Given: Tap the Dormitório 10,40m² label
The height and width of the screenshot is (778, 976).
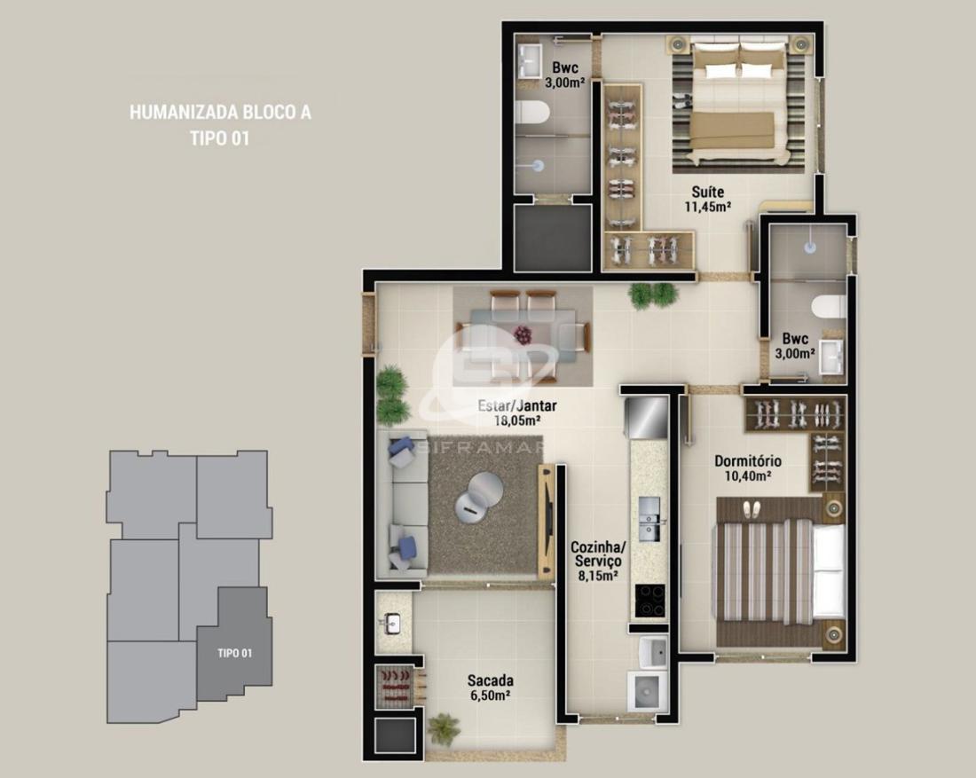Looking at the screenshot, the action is click(x=748, y=468).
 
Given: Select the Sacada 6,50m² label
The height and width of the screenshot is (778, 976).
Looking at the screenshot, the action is click(x=491, y=688).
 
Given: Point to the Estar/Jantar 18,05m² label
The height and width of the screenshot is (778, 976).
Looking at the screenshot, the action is click(x=516, y=413).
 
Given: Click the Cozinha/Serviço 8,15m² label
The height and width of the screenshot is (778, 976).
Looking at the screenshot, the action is click(x=598, y=562).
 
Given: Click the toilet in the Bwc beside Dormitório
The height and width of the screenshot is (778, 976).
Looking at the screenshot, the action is click(x=829, y=306).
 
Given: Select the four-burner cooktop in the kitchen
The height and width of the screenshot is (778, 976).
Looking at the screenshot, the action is click(x=649, y=601).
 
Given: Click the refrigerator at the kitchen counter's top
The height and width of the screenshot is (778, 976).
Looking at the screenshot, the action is click(x=647, y=417).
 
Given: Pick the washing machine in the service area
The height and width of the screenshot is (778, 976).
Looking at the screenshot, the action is click(x=648, y=691).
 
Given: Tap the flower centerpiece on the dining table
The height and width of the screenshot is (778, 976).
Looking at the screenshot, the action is click(x=523, y=334).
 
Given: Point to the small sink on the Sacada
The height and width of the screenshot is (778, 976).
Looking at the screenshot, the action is click(x=392, y=623).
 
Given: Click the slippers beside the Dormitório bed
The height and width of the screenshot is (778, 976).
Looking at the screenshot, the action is click(x=752, y=510).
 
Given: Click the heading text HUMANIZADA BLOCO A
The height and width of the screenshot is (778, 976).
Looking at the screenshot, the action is click(x=220, y=112).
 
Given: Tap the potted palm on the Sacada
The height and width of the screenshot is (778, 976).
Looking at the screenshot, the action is click(x=444, y=729).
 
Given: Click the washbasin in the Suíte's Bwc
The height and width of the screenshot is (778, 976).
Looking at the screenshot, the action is click(x=531, y=61).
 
